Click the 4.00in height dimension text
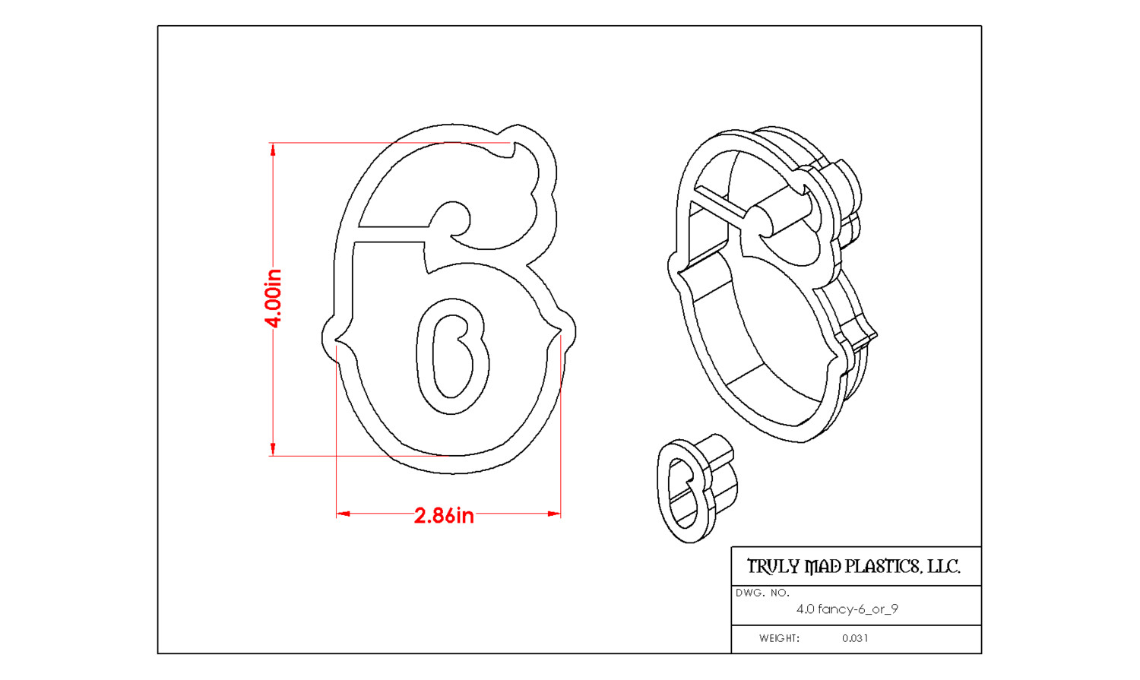pyautogui.click(x=274, y=298)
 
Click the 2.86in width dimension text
pyautogui.click(x=444, y=516)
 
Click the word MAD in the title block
pyautogui.click(x=822, y=567)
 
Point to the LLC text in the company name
pyautogui.click(x=944, y=567)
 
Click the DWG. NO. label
pyautogui.click(x=762, y=593)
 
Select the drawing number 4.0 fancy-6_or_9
pyautogui.click(x=847, y=609)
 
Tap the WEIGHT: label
pyautogui.click(x=779, y=638)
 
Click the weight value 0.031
pyautogui.click(x=855, y=638)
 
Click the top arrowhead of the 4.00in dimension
pyautogui.click(x=273, y=149)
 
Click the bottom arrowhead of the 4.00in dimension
pyautogui.click(x=273, y=449)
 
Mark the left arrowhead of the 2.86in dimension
pyautogui.click(x=343, y=514)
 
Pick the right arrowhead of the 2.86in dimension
pyautogui.click(x=554, y=514)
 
